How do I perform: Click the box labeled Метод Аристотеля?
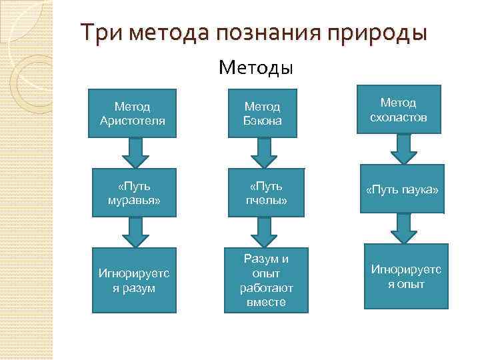(x=132, y=113)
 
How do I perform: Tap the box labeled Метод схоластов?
(x=397, y=109)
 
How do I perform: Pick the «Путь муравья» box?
(x=132, y=193)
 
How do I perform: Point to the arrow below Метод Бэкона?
(x=263, y=153)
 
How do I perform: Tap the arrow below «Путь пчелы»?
(x=263, y=232)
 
